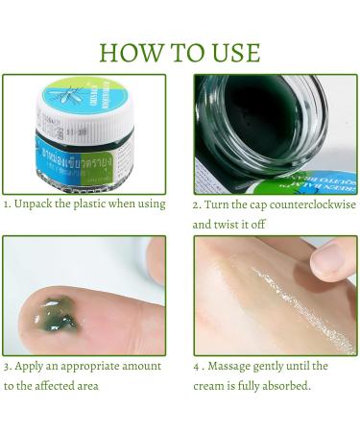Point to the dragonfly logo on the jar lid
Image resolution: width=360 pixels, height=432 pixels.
point(56,98)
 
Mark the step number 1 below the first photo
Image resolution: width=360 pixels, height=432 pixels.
point(6,204)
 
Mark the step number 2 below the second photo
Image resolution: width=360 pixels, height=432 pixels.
point(196,204)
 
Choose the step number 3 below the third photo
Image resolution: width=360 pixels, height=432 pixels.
point(6,366)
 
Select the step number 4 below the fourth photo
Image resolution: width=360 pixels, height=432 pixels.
point(197,366)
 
